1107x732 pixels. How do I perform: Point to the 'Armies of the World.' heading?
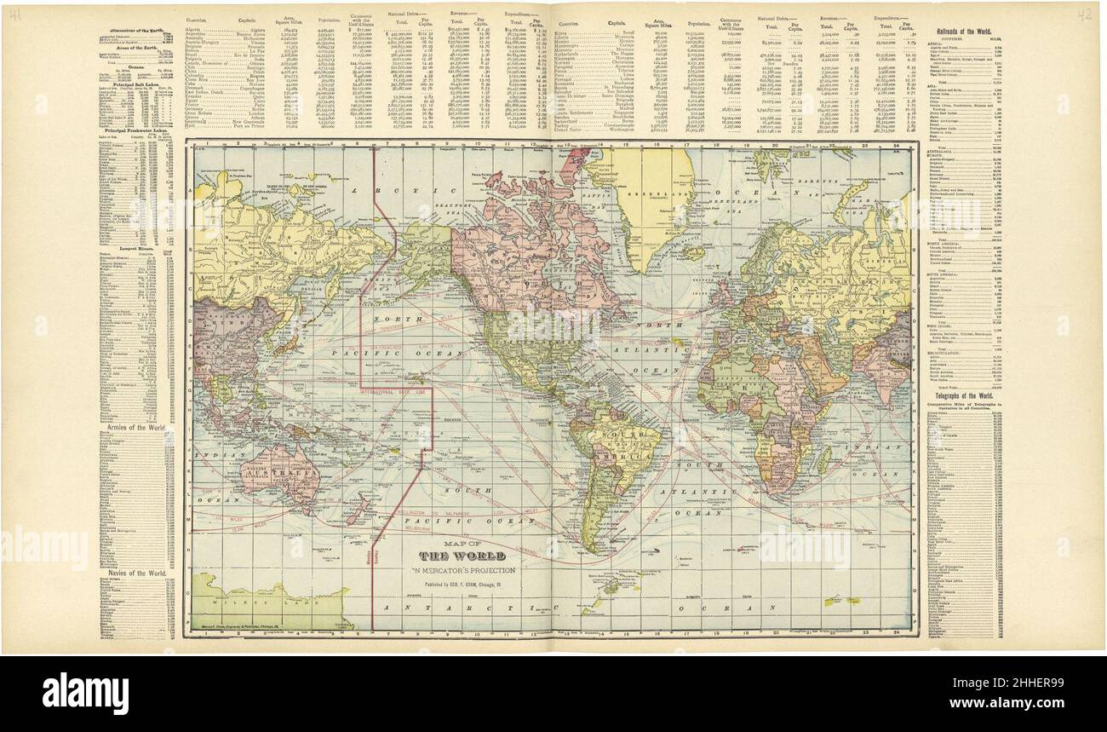tap(134, 424)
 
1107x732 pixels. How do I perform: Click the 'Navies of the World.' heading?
tap(134, 573)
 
